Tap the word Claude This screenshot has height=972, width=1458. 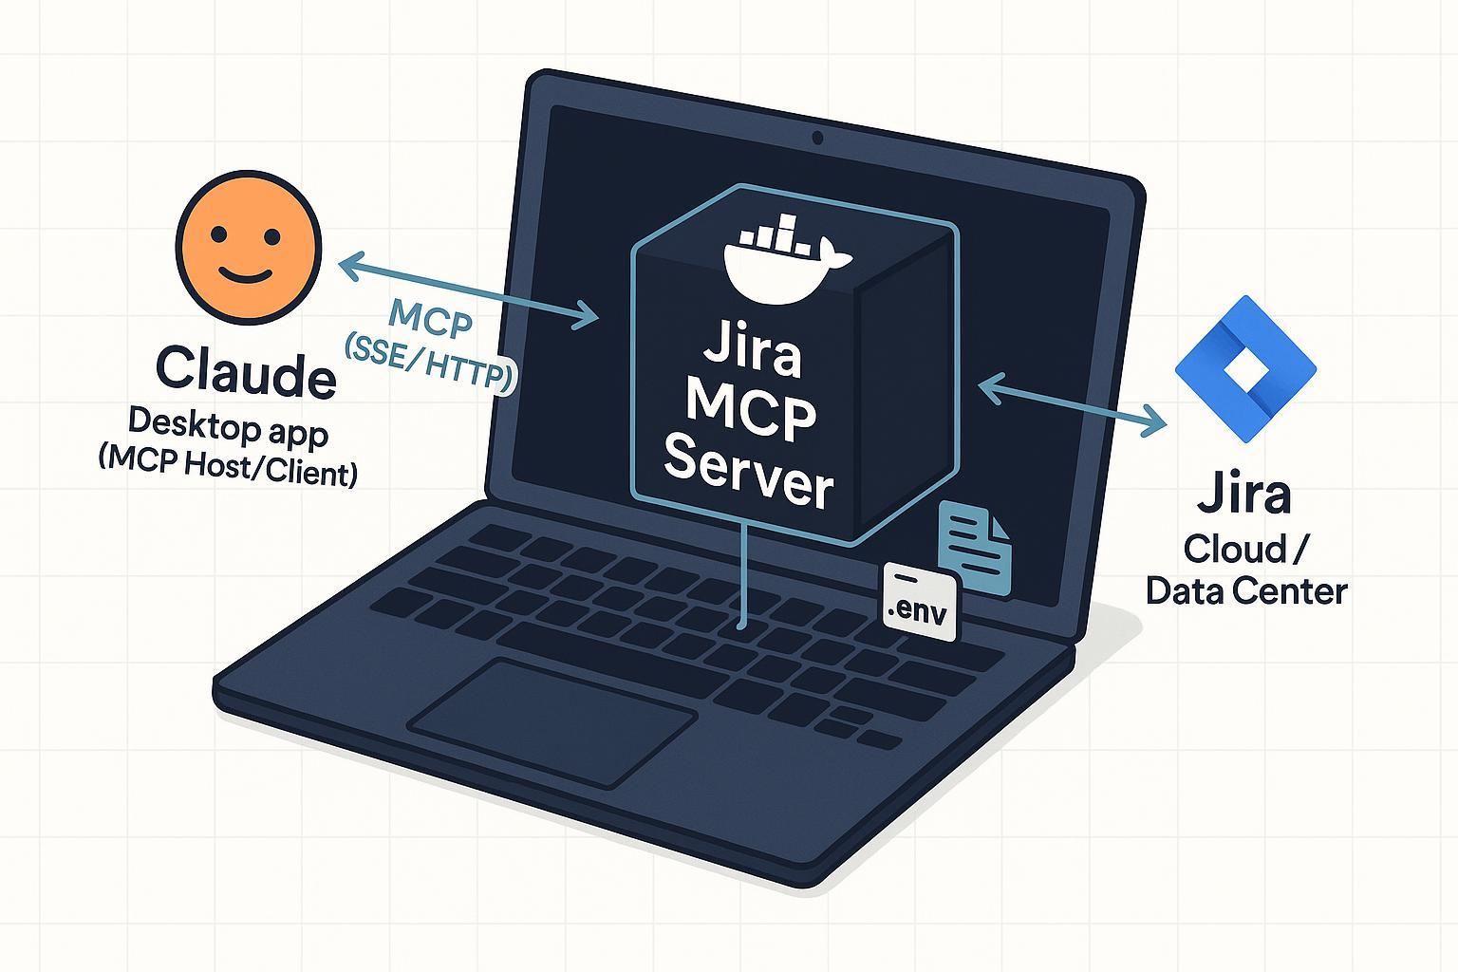tap(246, 373)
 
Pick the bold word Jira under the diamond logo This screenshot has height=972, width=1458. tap(1244, 494)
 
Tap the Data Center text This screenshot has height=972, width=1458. tap(1246, 590)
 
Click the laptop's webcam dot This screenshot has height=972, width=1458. tap(817, 139)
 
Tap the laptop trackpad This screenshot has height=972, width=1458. tap(553, 722)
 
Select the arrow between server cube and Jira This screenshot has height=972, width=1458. tap(1073, 405)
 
